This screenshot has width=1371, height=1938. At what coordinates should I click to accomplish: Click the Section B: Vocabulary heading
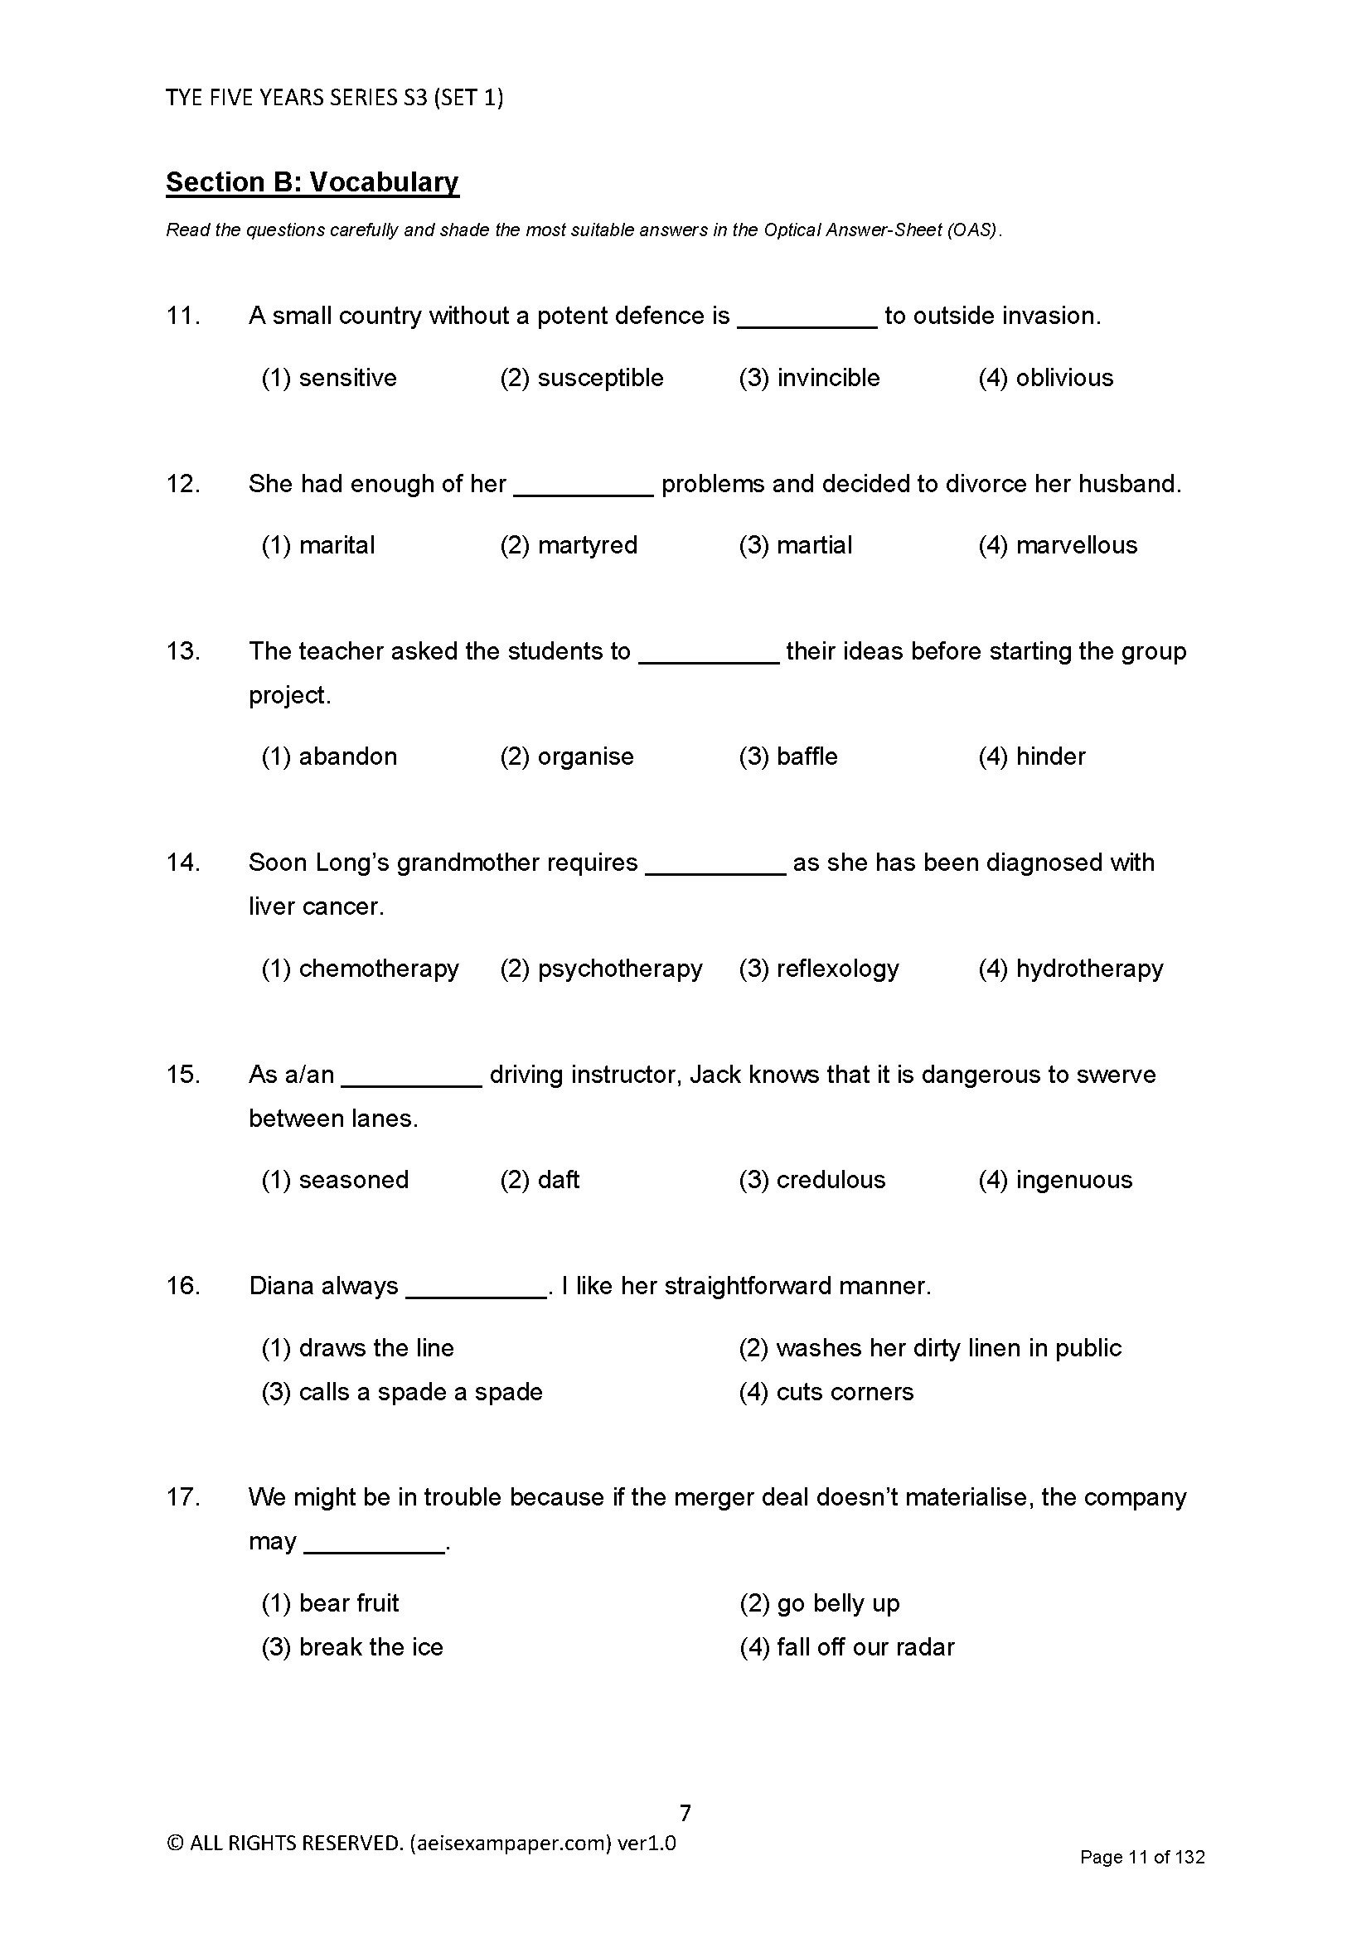coord(312,182)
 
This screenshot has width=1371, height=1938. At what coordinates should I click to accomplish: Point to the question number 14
coord(182,863)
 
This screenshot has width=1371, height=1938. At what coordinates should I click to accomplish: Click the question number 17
coord(182,1497)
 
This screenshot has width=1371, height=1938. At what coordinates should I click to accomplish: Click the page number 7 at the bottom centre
coord(685,1813)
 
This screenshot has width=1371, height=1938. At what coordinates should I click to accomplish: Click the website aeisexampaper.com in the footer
coord(510,1844)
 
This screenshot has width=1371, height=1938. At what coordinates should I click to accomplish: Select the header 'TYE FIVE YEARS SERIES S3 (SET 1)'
coord(334,98)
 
